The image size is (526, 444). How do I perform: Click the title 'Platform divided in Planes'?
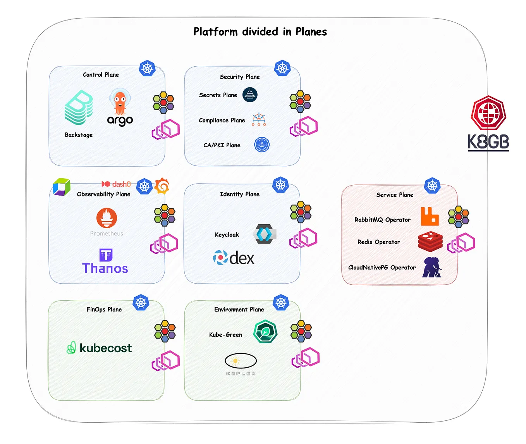[260, 32]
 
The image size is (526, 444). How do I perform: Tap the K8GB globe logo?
[488, 113]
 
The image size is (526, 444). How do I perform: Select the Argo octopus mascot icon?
[120, 102]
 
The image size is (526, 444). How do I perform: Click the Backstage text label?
[79, 135]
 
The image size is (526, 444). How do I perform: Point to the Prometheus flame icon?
[107, 218]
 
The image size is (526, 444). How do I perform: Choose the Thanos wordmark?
[105, 268]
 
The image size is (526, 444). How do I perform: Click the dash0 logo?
[116, 184]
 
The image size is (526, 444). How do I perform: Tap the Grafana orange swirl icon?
[162, 186]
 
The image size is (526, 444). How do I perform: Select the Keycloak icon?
[265, 234]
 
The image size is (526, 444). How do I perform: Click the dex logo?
[234, 258]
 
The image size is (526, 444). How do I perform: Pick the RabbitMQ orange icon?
[430, 216]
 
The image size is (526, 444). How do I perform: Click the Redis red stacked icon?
[430, 242]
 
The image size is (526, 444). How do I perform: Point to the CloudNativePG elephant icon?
[431, 267]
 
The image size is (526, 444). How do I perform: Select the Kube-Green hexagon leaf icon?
[265, 332]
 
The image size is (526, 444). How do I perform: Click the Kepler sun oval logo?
[241, 361]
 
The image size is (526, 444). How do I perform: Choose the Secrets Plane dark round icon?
[250, 95]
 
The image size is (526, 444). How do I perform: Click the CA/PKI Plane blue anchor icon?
[262, 145]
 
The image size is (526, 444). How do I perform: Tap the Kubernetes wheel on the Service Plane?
[432, 186]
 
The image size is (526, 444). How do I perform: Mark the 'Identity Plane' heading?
[240, 194]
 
